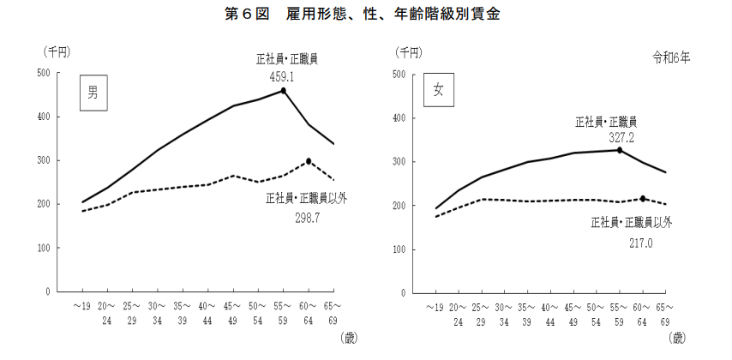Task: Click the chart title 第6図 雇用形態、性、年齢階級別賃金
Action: (366, 14)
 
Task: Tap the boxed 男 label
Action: (93, 93)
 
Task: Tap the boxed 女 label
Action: (438, 92)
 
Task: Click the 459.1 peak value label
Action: (282, 75)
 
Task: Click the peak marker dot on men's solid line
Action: (284, 90)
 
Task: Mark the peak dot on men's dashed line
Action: (309, 161)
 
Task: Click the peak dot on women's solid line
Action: (619, 150)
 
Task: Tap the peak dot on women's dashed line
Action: (643, 199)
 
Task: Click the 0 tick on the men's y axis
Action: (47, 292)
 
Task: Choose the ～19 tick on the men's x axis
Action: (82, 306)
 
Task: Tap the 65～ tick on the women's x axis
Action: (665, 307)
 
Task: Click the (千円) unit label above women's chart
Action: (407, 52)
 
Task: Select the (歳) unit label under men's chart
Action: (349, 337)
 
